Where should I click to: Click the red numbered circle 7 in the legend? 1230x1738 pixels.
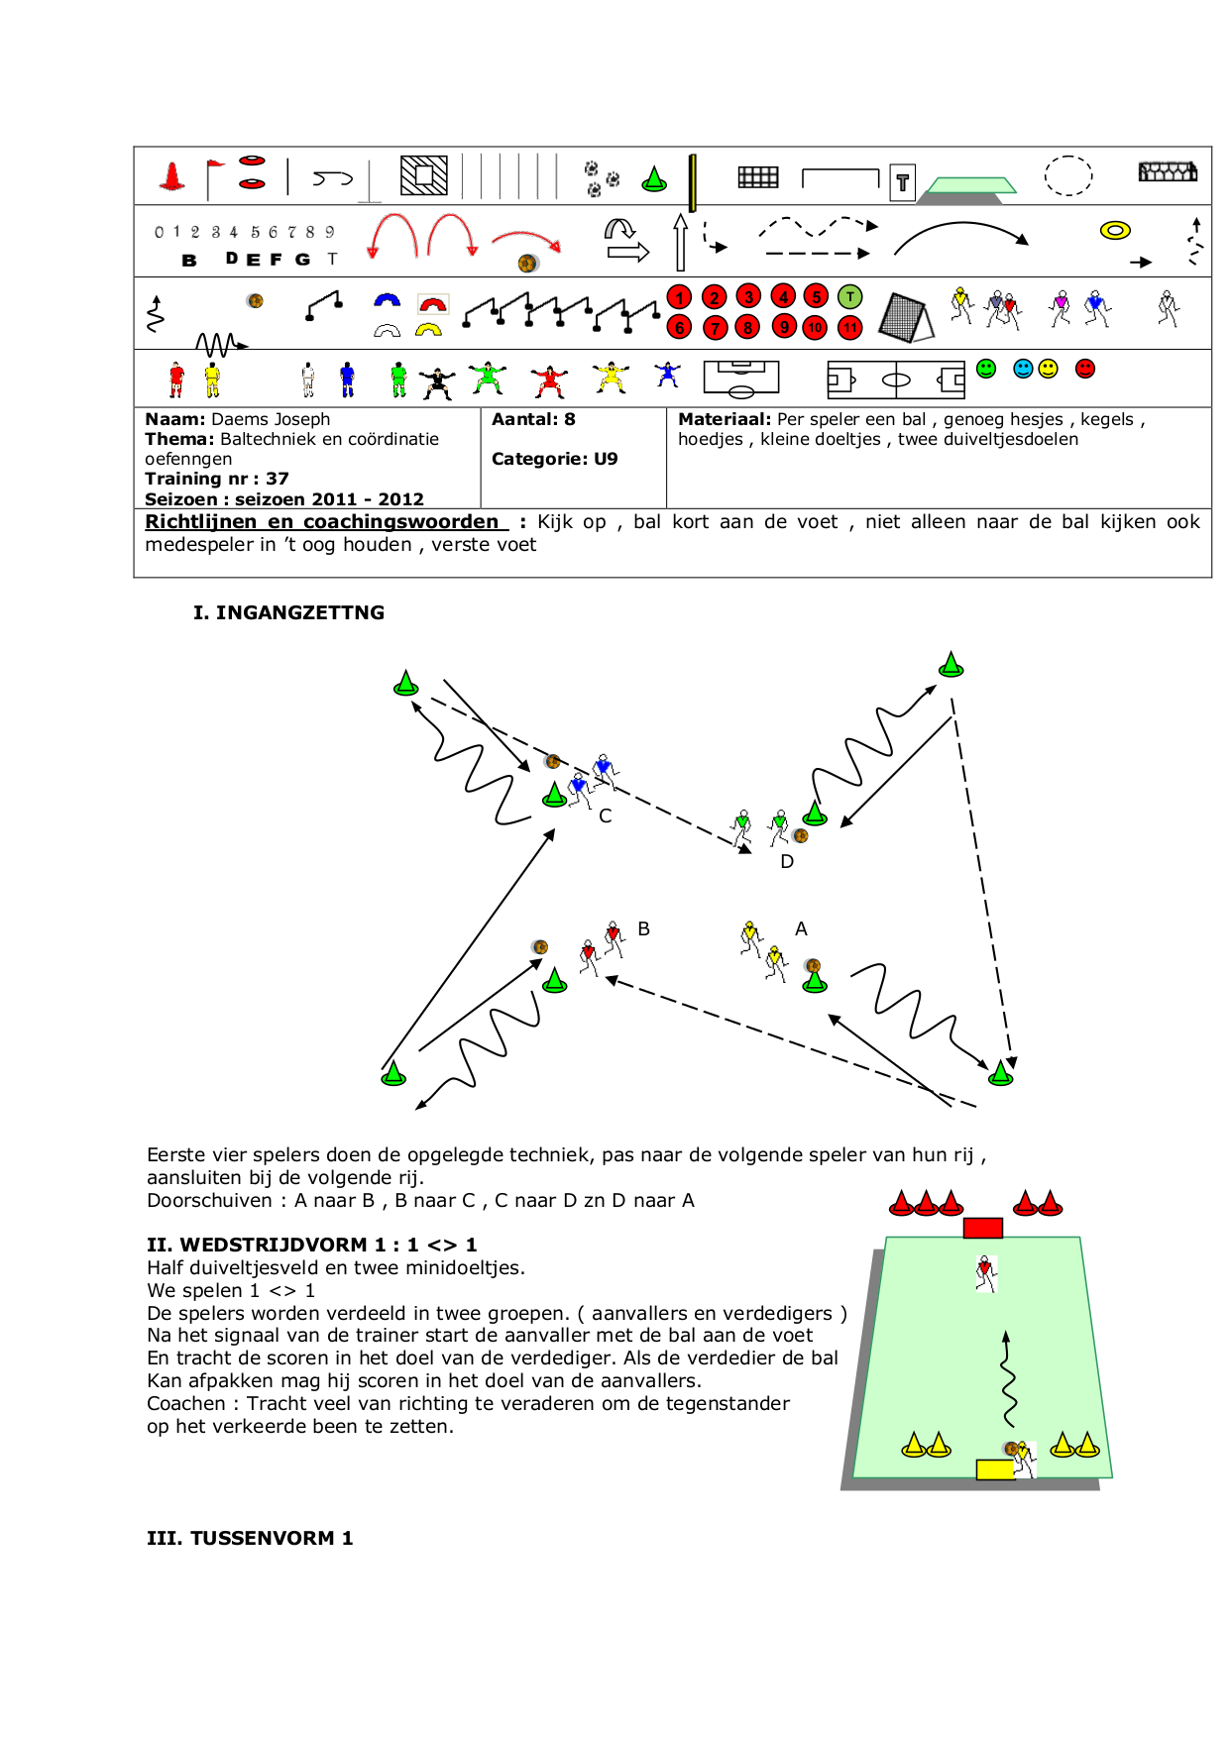pyautogui.click(x=715, y=328)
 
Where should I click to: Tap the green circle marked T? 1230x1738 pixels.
pyautogui.click(x=849, y=296)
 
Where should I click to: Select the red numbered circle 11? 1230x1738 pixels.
pyautogui.click(x=849, y=328)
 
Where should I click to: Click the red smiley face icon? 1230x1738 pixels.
pyautogui.click(x=1085, y=369)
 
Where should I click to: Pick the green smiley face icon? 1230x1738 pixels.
pyautogui.click(x=986, y=369)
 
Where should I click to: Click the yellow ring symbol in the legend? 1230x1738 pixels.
pyautogui.click(x=1115, y=231)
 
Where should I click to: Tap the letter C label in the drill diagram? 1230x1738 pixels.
pyautogui.click(x=606, y=816)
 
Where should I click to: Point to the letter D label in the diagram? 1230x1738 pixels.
pyautogui.click(x=787, y=862)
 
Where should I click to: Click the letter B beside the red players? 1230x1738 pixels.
pyautogui.click(x=644, y=929)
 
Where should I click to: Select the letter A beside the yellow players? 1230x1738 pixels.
pyautogui.click(x=801, y=929)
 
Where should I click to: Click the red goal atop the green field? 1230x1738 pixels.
pyautogui.click(x=982, y=1229)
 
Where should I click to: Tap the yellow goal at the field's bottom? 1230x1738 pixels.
pyautogui.click(x=995, y=1469)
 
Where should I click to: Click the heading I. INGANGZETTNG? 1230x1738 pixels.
pyautogui.click(x=288, y=613)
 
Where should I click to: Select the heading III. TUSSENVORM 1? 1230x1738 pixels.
pyautogui.click(x=250, y=1539)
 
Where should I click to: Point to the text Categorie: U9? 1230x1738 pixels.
pyautogui.click(x=554, y=460)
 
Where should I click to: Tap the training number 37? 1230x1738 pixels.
pyautogui.click(x=278, y=480)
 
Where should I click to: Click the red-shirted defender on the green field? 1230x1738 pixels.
pyautogui.click(x=984, y=1273)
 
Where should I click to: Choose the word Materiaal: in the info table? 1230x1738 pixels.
pyautogui.click(x=724, y=420)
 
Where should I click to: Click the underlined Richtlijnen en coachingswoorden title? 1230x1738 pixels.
pyautogui.click(x=322, y=522)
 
